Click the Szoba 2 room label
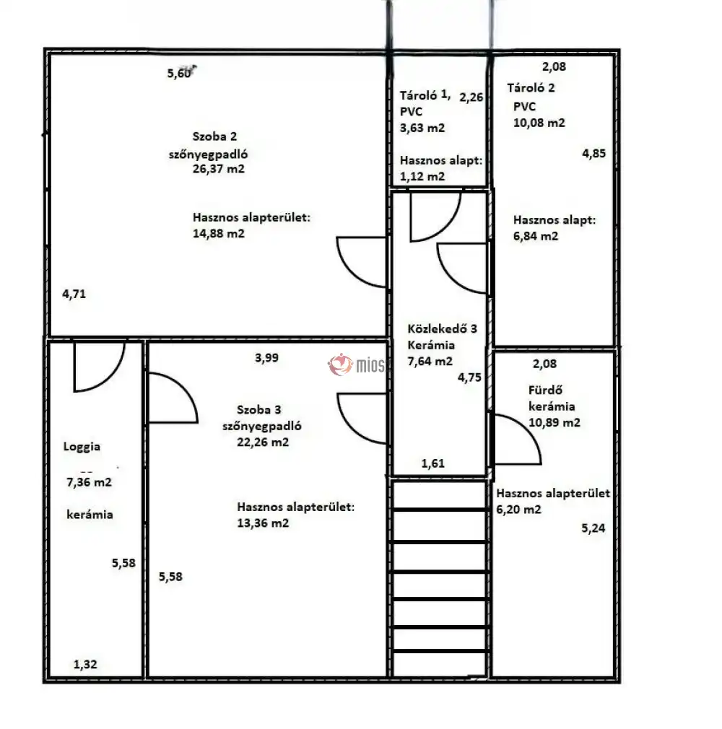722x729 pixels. coord(214,136)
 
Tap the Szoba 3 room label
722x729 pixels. coord(258,409)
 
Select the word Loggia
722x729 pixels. coord(82,447)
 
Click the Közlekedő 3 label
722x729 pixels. coord(442,328)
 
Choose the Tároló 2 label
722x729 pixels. coord(531,88)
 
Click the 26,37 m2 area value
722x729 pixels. coord(218,169)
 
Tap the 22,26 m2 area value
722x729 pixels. coord(263,442)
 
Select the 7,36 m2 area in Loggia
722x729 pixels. coord(89,482)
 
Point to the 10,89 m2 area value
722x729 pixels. coord(554,423)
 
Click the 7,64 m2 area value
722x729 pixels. coord(430,361)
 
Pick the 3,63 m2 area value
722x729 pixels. coord(422,128)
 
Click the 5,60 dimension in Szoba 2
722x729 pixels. coord(179,73)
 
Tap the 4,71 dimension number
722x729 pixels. coord(74,294)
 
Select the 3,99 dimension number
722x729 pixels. coord(266,358)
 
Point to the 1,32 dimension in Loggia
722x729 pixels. coord(85,664)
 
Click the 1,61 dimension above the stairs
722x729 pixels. coord(432,463)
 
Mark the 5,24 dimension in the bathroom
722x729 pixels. coord(593,528)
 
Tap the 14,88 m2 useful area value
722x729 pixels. coord(218,233)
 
